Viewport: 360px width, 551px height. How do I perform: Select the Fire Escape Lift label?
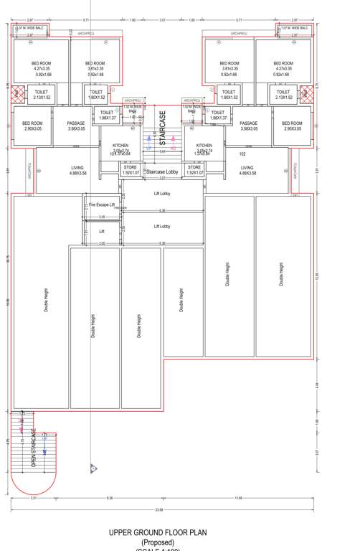point(102,205)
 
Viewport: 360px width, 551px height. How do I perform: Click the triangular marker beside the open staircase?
point(93,468)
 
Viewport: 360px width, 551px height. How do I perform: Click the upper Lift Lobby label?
point(162,192)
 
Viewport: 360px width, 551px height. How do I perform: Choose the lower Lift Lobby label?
point(162,226)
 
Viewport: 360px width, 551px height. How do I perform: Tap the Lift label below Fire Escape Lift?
point(102,232)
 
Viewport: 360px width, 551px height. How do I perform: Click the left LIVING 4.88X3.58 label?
point(77,169)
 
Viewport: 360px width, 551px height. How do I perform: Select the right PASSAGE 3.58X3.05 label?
point(248,126)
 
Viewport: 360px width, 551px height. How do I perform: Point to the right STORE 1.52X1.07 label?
point(195,169)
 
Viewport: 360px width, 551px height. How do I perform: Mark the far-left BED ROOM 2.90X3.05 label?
point(33,126)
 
